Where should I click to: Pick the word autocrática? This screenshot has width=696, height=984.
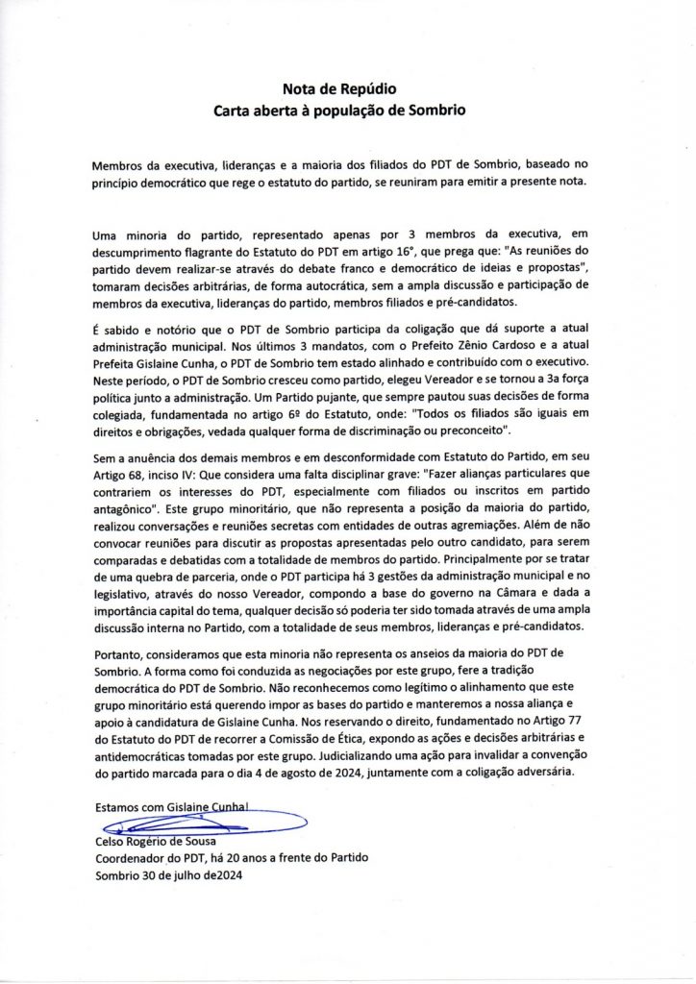(339, 285)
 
